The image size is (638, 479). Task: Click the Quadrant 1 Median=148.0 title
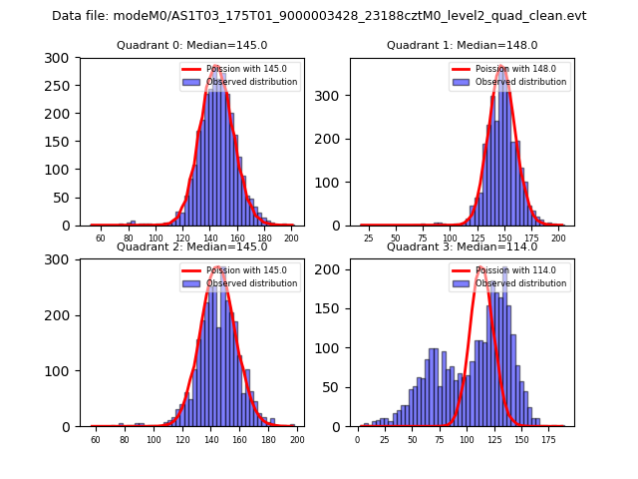pos(462,45)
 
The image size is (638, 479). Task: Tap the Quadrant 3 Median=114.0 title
pos(462,246)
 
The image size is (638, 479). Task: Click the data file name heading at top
pos(319,16)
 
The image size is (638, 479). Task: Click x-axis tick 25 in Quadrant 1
pos(369,239)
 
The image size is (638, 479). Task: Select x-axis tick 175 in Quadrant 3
pos(547,440)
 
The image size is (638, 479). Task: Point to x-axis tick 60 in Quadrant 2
pos(96,440)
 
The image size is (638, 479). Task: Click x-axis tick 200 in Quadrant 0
pos(290,239)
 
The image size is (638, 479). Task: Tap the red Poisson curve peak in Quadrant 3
pos(481,267)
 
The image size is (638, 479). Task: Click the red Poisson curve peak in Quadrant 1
pos(503,68)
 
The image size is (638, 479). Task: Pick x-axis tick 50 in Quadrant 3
pos(412,440)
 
